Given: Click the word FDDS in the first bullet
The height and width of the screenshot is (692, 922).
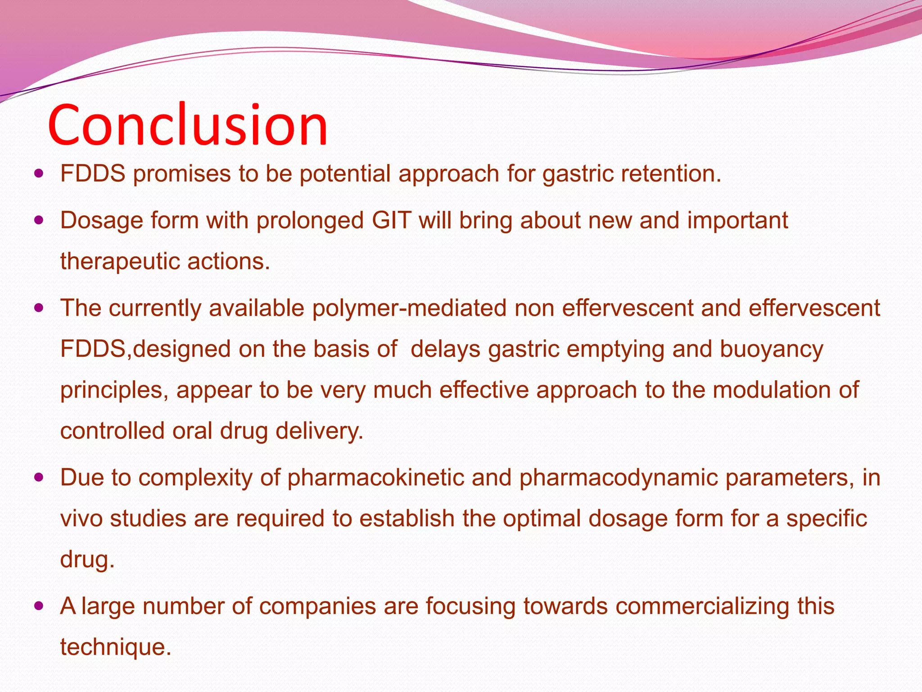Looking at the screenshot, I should [x=93, y=173].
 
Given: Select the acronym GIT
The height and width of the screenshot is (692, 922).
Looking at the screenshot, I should [x=392, y=220].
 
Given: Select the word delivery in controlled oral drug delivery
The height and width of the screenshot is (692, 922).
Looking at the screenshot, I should [x=319, y=431].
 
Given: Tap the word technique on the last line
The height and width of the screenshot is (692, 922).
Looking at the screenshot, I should [x=115, y=647].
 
